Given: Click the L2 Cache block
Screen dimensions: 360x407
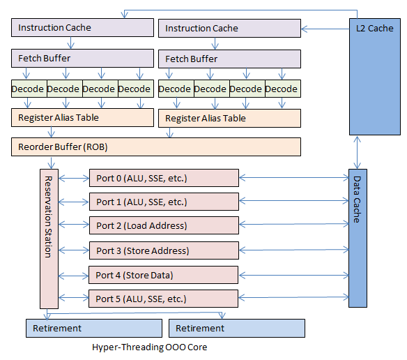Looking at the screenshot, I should (375, 76).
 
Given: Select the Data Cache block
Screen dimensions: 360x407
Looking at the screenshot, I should (358, 237).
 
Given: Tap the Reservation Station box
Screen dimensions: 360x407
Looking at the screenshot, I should (47, 237).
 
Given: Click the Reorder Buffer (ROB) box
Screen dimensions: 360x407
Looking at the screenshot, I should (156, 147).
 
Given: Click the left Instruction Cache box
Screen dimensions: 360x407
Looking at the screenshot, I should (82, 28).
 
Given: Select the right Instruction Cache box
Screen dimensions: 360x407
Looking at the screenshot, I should (229, 29).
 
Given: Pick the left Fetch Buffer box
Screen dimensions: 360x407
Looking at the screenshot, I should (82, 58).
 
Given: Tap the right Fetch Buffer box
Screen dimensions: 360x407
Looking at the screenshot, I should (229, 59).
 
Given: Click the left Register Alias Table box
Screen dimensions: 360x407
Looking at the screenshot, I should (82, 117).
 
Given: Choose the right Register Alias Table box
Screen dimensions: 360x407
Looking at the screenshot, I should (229, 118).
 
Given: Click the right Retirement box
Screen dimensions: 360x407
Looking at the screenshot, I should (237, 328).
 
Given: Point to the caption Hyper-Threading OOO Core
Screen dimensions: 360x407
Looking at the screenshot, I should (149, 347).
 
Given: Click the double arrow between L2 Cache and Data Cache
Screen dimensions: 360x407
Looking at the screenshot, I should (358, 151).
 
